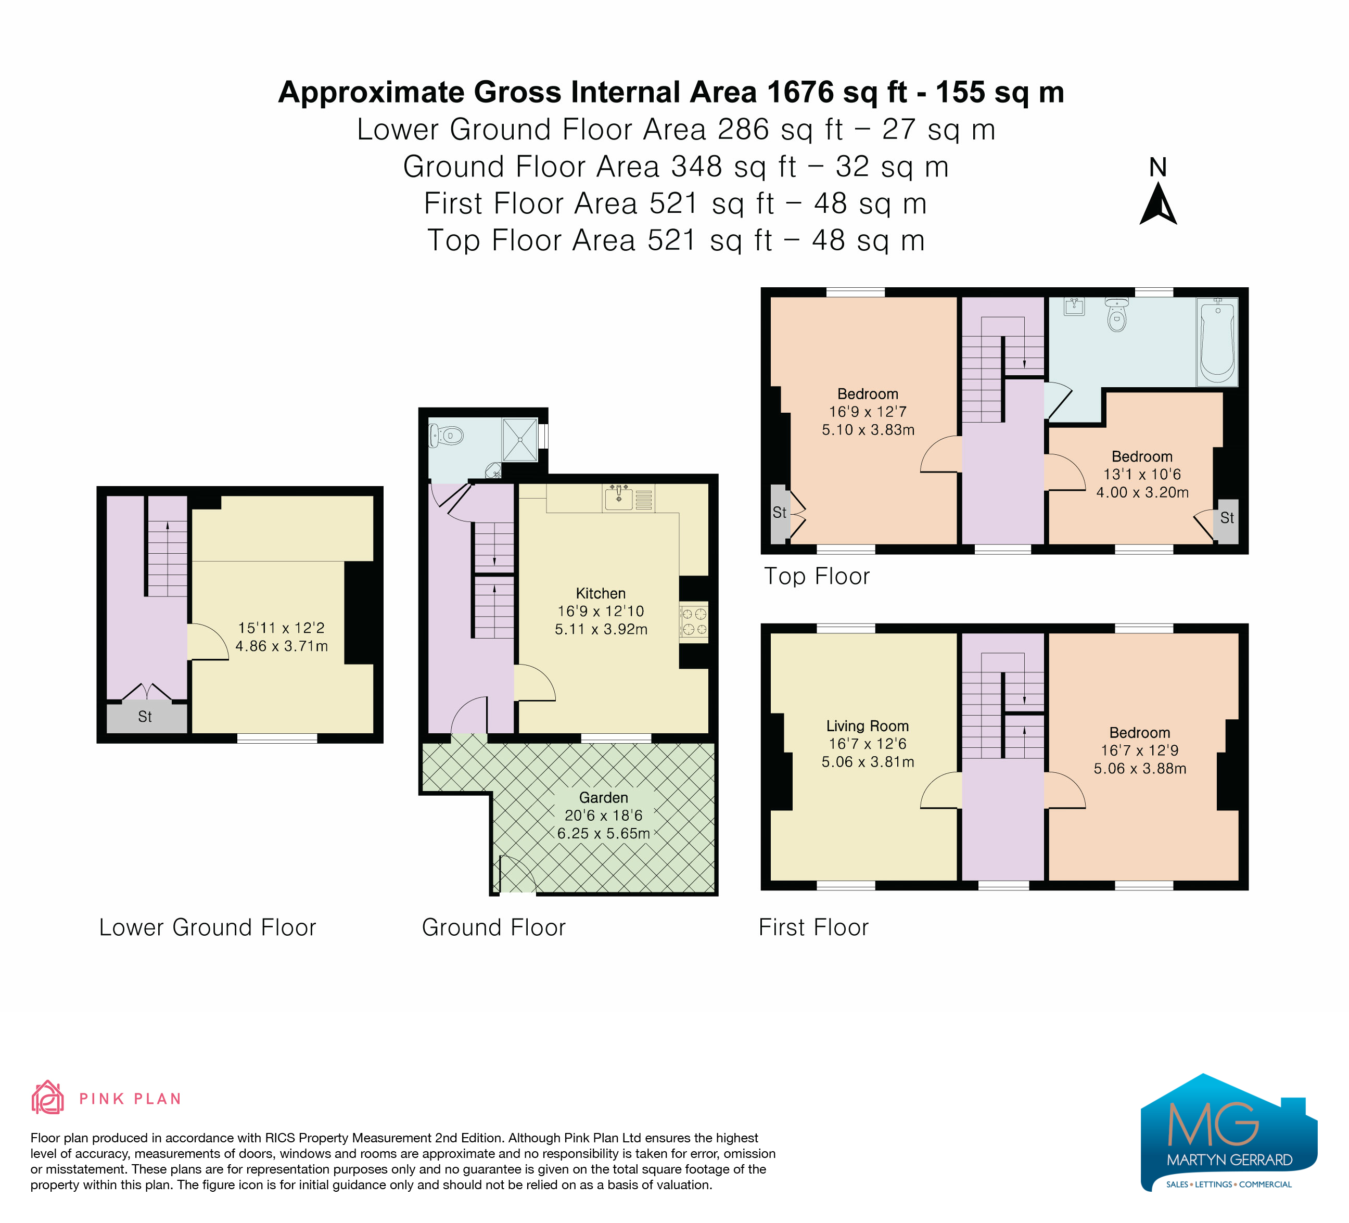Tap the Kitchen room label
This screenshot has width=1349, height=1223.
click(601, 593)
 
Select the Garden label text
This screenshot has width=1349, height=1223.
click(604, 797)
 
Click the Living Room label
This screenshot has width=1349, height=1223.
click(867, 726)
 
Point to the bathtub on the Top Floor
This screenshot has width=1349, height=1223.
click(1217, 342)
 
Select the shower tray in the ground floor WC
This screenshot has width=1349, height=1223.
click(520, 440)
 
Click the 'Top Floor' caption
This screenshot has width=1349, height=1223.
click(817, 576)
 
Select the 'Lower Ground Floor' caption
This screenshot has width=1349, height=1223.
click(208, 927)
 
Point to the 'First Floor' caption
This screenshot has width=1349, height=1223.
click(813, 927)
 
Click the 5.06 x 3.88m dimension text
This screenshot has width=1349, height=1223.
click(1140, 769)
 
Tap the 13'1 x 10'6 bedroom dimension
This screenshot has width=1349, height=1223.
click(1142, 474)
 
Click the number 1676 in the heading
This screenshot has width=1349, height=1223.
click(800, 92)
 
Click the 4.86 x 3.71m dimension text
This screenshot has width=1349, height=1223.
click(282, 646)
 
